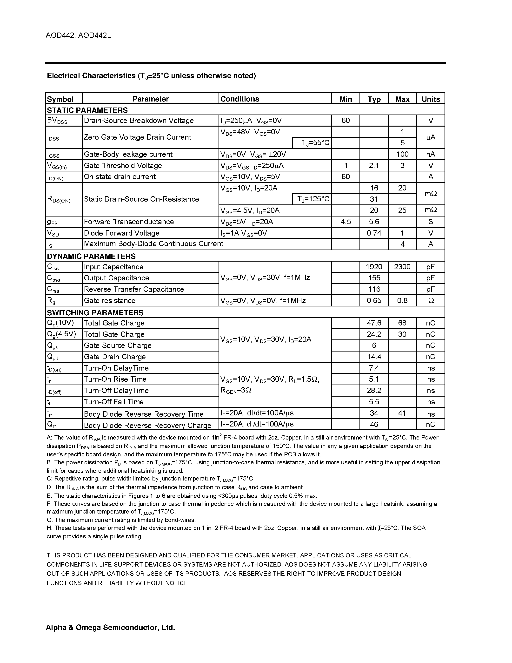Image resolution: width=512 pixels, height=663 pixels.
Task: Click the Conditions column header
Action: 240,99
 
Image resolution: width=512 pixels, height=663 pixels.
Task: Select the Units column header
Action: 430,99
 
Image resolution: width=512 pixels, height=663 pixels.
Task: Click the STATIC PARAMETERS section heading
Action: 87,110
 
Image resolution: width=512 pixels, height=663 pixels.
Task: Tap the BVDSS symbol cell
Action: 57,121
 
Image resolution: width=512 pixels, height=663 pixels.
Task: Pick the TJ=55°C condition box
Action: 312,143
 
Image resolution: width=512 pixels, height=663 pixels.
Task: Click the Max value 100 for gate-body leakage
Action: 402,154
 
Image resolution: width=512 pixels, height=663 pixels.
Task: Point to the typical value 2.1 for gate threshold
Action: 374,165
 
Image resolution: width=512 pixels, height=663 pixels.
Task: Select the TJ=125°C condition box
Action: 312,199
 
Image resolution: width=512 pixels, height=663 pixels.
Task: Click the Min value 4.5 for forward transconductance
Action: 346,222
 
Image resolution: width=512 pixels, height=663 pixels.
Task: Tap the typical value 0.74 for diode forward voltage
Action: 374,233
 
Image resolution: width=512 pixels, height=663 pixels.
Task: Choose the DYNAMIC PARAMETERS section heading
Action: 91,256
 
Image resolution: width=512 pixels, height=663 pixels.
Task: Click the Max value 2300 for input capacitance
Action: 402,267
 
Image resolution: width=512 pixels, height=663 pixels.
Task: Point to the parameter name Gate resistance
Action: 109,301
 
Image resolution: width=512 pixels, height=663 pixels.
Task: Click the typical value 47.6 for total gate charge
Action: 374,323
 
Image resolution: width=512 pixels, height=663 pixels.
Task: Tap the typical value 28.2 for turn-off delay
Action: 374,390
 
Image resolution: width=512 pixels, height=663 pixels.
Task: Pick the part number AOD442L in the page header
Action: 95,35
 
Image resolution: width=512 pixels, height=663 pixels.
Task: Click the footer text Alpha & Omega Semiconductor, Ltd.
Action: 110,628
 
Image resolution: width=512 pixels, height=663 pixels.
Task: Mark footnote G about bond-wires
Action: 121,520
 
